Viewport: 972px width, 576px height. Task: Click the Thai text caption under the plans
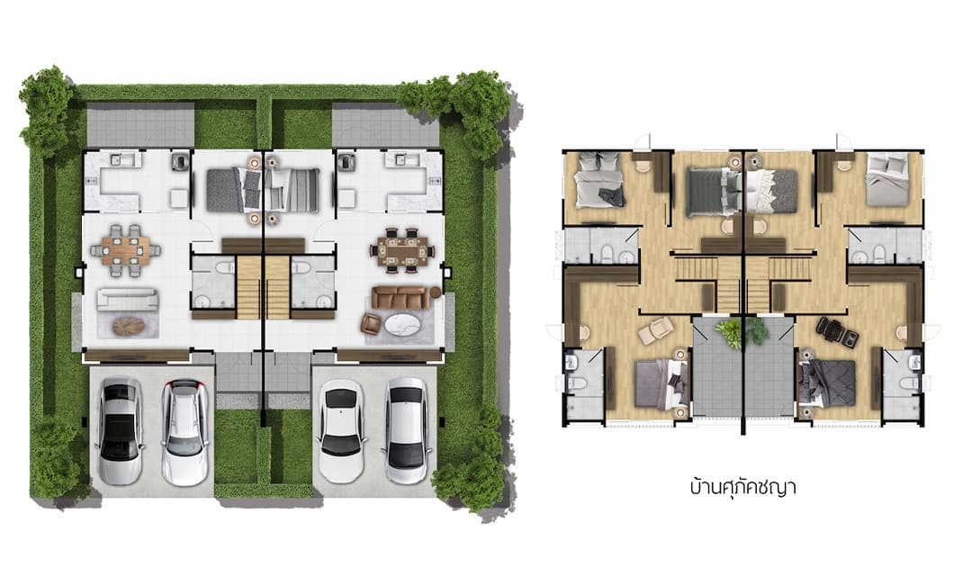tap(742, 487)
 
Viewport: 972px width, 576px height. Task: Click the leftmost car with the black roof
tap(121, 431)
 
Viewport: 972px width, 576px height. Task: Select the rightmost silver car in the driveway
tap(406, 431)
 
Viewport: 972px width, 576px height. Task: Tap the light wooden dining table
tap(126, 250)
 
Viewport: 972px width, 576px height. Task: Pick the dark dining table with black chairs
tap(403, 251)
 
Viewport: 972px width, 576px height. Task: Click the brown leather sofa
tap(400, 296)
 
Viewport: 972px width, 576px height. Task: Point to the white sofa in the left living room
tap(128, 299)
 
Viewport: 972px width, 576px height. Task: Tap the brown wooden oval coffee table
tap(129, 326)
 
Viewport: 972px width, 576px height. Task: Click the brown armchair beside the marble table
tap(371, 323)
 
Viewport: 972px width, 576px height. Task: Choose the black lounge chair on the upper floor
tap(837, 331)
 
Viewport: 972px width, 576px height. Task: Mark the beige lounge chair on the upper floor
tap(653, 332)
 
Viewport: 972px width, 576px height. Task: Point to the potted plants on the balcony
tap(742, 332)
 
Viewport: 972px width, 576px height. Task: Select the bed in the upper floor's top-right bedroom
tap(886, 180)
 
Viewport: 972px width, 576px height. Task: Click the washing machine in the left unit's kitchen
tap(180, 160)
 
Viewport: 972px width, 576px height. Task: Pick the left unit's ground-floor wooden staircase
tap(248, 287)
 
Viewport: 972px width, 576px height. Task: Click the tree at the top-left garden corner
tap(48, 112)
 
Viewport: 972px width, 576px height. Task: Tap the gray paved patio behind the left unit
tap(140, 124)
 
